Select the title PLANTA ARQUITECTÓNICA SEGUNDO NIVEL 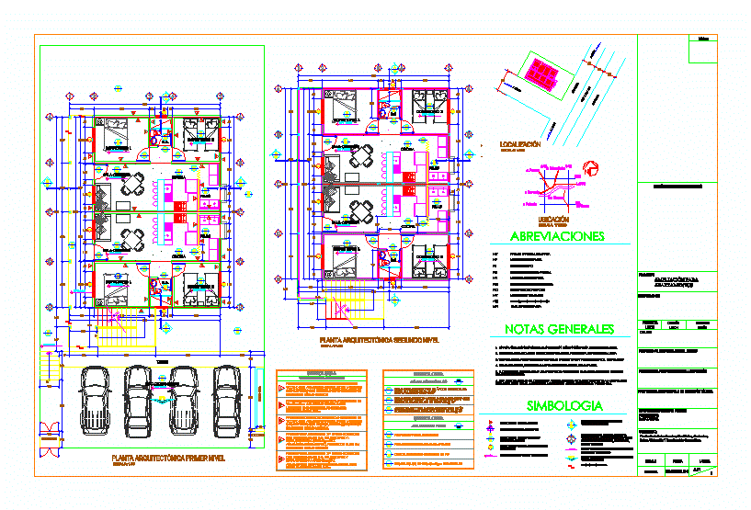pyautogui.click(x=379, y=340)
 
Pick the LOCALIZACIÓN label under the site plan pyautogui.click(x=519, y=145)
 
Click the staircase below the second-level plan pyautogui.click(x=358, y=302)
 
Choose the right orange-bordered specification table pyautogui.click(x=427, y=422)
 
